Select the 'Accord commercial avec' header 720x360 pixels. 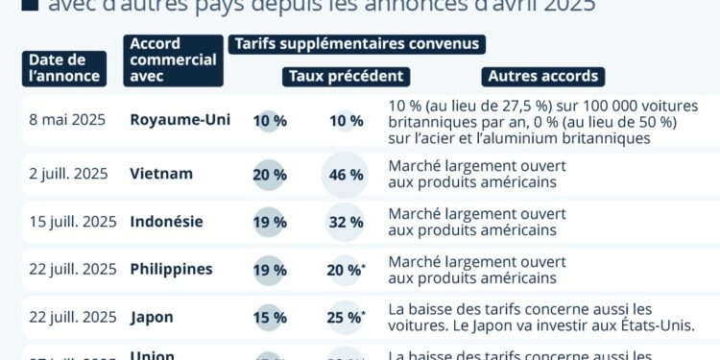173,60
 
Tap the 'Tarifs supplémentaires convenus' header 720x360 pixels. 355,44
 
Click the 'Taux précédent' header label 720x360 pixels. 346,76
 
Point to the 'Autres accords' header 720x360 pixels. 543,76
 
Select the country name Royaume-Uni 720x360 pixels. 180,120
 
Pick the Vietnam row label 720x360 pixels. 161,174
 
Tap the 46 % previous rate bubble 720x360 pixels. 346,175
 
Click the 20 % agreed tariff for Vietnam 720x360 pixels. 269,175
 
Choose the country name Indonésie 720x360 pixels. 167,221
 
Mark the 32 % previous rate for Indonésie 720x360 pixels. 346,222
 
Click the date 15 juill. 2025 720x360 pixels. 73,222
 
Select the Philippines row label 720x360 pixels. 171,269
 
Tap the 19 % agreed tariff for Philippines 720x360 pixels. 269,270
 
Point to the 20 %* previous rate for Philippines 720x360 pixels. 346,270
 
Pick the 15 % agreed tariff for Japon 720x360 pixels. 269,317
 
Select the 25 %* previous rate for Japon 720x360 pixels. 346,317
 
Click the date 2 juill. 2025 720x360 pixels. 69,174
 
